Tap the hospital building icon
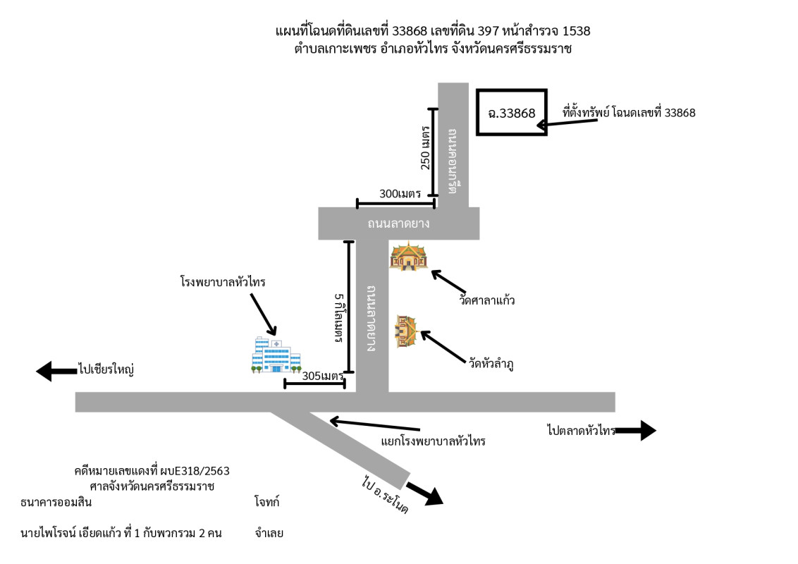click(276, 355)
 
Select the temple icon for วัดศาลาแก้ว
click(409, 256)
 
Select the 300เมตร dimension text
click(390, 193)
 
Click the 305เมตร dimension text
click(321, 376)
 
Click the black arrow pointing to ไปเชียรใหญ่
click(56, 370)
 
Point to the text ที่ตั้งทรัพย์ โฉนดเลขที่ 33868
click(629, 113)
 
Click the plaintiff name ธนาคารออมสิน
click(56, 503)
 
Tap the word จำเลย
click(269, 533)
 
